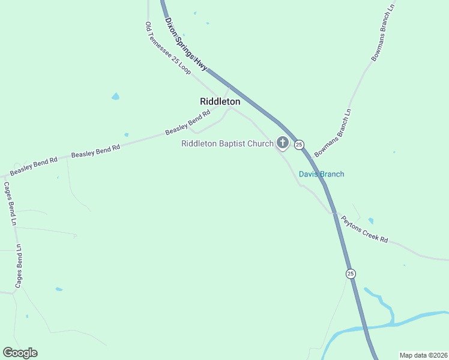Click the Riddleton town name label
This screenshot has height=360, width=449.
coord(220,101)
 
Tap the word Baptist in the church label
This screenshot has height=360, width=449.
coord(231,143)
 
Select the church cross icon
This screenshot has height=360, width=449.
coord(282,143)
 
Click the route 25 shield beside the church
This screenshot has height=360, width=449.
coord(299,145)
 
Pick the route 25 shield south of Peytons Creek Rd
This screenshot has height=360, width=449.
coord(351,274)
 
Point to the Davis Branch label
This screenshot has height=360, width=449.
coord(322,174)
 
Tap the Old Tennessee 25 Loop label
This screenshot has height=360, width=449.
coord(168,49)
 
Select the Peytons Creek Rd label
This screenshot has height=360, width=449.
coord(364,229)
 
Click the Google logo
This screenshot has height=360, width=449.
coord(20,353)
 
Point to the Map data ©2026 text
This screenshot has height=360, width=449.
coord(423,355)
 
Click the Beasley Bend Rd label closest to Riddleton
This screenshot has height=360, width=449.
coord(187,122)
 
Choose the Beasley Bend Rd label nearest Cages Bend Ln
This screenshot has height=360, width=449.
coord(33,166)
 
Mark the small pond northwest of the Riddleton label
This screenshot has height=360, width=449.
coord(115,96)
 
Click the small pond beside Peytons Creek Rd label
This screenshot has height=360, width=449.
coord(370,221)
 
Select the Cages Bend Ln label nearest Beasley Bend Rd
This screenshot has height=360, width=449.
coord(11,204)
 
